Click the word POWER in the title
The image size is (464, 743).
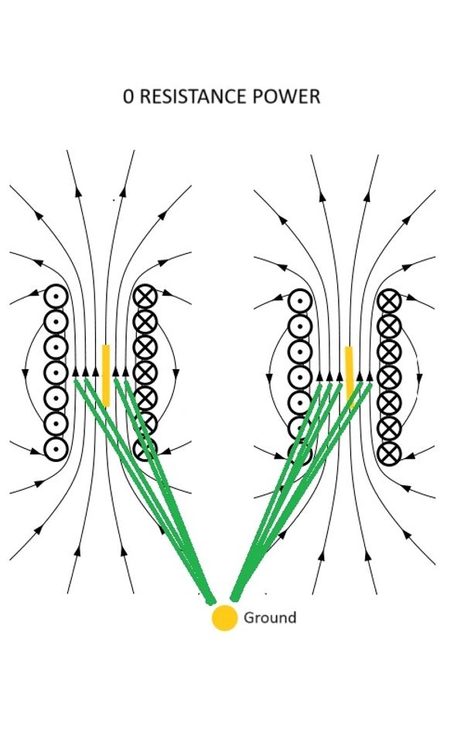click(x=286, y=96)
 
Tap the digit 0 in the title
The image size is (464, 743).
click(x=128, y=96)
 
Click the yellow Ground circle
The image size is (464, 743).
click(x=224, y=618)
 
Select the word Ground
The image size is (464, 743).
click(x=270, y=618)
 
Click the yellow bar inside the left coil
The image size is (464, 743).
click(x=106, y=375)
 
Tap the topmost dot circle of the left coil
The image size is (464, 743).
click(x=56, y=296)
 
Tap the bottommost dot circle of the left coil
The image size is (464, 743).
click(x=56, y=449)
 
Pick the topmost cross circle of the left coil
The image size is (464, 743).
click(x=145, y=296)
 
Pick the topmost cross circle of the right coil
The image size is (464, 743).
click(x=389, y=301)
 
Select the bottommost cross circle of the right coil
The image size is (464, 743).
click(x=389, y=454)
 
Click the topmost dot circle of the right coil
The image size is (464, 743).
click(x=300, y=301)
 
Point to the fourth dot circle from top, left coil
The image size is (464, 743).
click(x=56, y=373)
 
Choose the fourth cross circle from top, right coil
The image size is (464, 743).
click(x=389, y=378)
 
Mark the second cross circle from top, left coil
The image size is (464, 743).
click(x=145, y=322)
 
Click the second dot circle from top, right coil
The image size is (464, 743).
click(x=300, y=327)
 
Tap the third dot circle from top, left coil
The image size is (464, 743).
click(x=56, y=348)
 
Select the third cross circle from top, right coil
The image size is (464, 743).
click(x=389, y=352)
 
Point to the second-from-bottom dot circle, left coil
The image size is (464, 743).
click(x=56, y=423)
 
